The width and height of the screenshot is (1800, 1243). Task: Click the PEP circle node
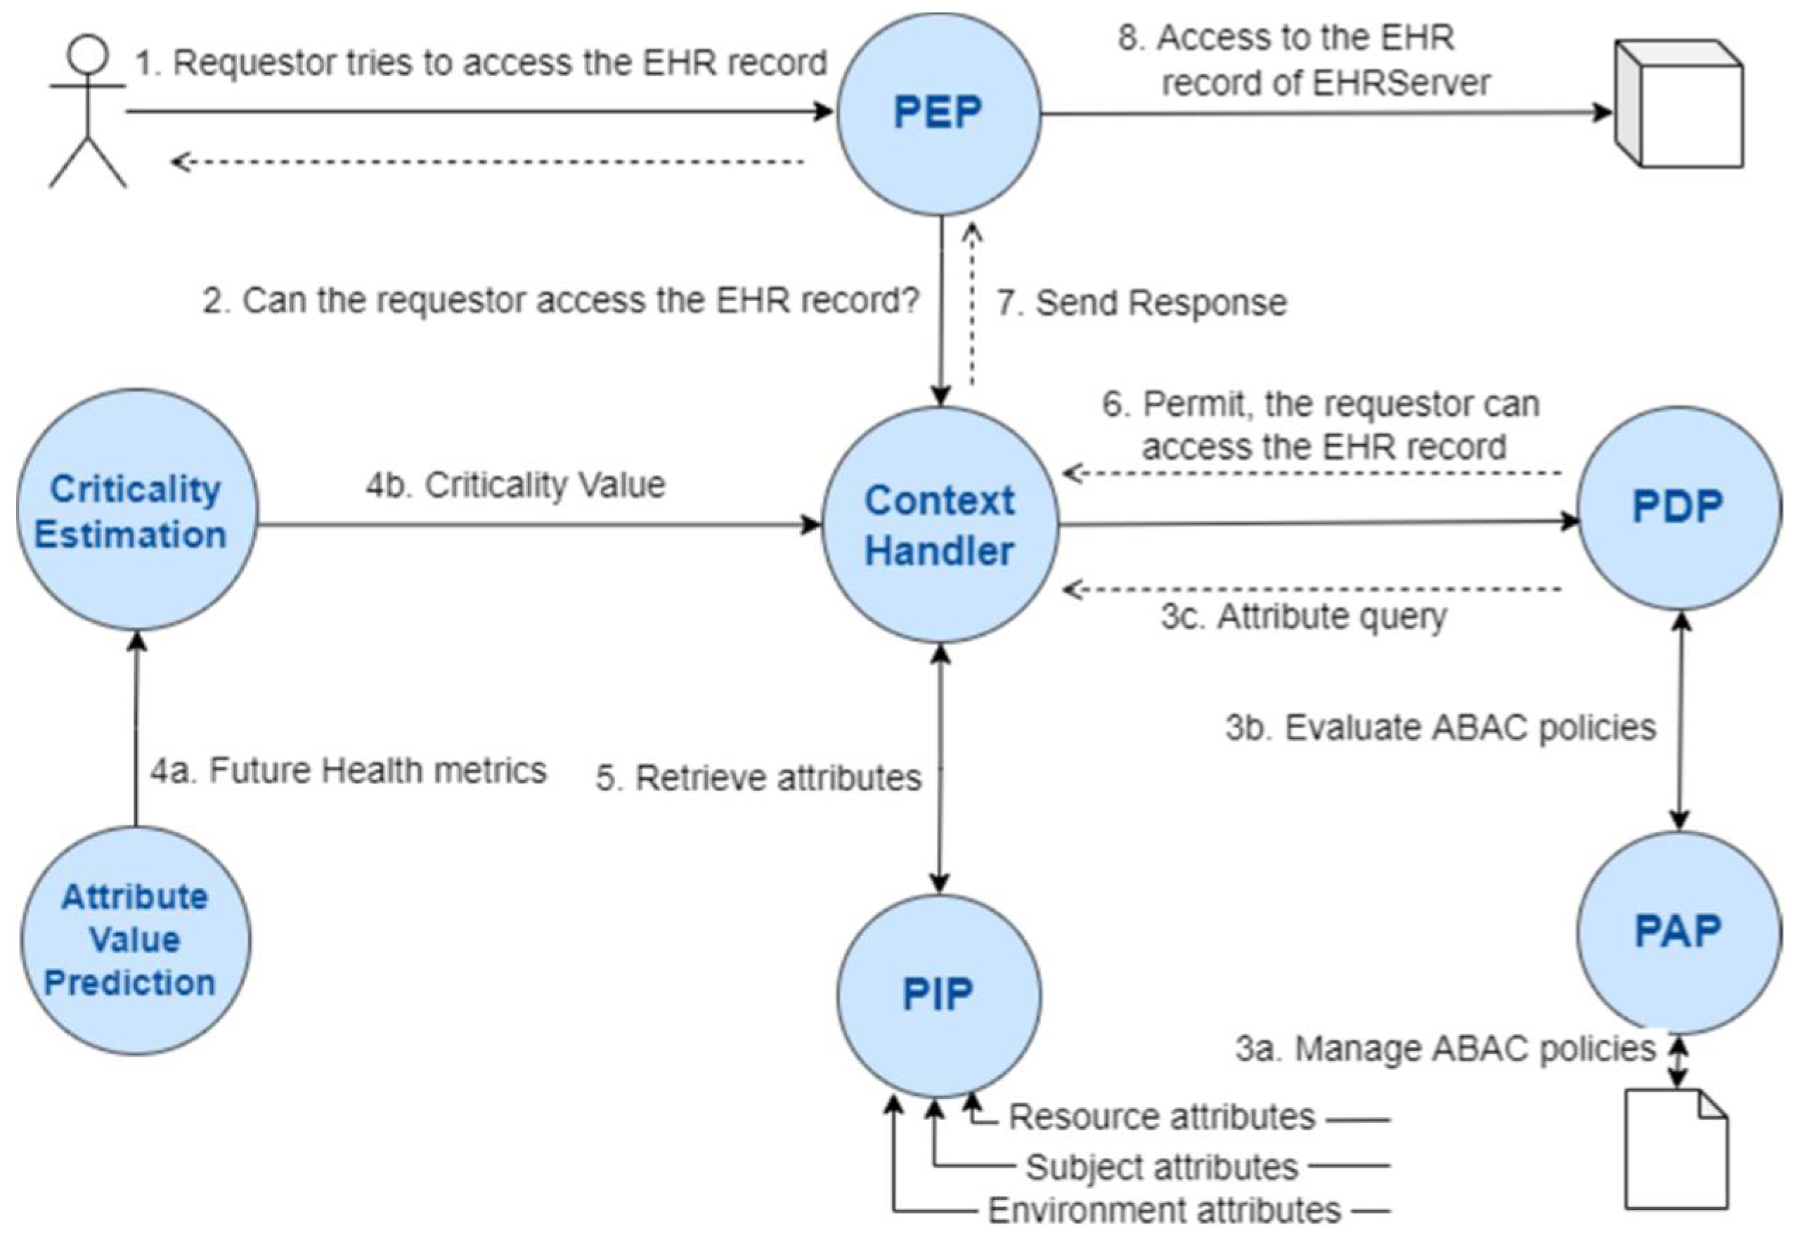pos(938,114)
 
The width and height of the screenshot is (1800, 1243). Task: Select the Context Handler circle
pos(940,525)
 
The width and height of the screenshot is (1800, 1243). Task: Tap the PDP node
pos(1678,508)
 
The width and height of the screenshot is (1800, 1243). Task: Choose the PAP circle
pos(1678,932)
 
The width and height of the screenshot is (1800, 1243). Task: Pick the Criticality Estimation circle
pos(136,511)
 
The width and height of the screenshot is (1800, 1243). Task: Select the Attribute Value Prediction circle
pos(134,940)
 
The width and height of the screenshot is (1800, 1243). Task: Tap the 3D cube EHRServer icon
pos(1678,105)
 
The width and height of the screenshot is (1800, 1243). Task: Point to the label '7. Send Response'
pos(1142,303)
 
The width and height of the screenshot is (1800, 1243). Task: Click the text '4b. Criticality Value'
pos(516,486)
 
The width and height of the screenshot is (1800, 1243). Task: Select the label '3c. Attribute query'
pos(1303,617)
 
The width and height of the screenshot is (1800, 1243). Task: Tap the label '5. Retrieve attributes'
pos(758,778)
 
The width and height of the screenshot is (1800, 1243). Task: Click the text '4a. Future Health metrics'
pos(348,771)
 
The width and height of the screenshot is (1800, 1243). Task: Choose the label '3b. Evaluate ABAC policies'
pos(1440,728)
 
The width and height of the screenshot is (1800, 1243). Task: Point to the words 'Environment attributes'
pos(1165,1210)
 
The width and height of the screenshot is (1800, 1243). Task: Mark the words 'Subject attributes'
pos(1162,1166)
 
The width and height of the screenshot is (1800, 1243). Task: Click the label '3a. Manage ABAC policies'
pos(1445,1049)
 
